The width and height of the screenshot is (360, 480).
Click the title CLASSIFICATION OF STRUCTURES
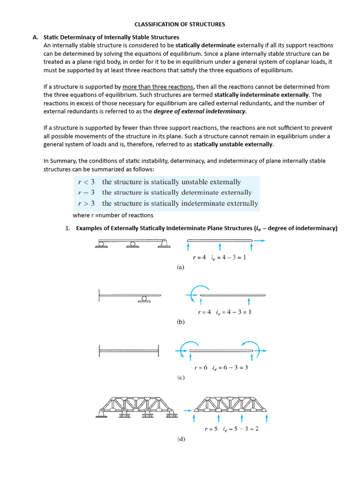click(x=180, y=24)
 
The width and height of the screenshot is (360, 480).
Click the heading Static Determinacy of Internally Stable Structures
click(x=111, y=37)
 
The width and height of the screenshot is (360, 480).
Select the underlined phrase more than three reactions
click(x=157, y=87)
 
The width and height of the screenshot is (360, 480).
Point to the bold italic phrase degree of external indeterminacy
click(x=200, y=111)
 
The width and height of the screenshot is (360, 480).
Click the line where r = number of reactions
click(x=113, y=215)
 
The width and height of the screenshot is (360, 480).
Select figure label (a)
click(x=180, y=267)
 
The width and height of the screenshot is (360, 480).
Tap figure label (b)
click(x=180, y=322)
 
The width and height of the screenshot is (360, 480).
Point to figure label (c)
click(x=180, y=377)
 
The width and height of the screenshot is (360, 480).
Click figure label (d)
click(x=180, y=439)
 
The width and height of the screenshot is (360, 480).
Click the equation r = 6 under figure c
click(x=199, y=367)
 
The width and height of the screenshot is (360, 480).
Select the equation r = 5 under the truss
click(x=211, y=428)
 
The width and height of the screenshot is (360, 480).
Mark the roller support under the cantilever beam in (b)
click(x=144, y=299)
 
